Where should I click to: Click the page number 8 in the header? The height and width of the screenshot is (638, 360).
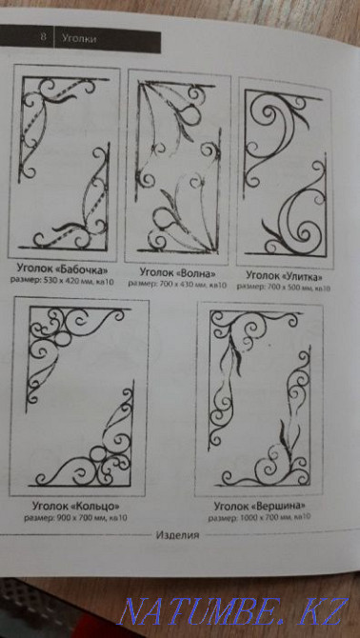[43, 38]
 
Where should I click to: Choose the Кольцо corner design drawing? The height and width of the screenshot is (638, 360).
[78, 395]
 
